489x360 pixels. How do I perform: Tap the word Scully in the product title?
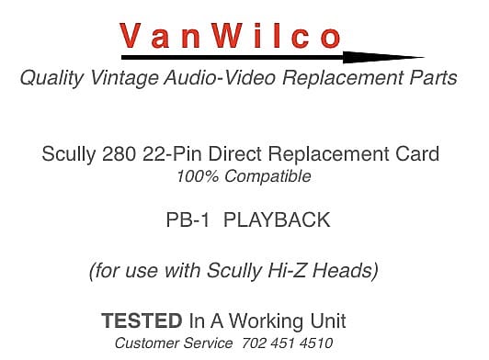click(70, 153)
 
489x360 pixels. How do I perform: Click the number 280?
click(121, 153)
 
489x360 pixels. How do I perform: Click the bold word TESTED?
click(142, 321)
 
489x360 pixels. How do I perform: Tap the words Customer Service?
click(173, 343)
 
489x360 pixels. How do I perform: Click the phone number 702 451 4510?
click(287, 343)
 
